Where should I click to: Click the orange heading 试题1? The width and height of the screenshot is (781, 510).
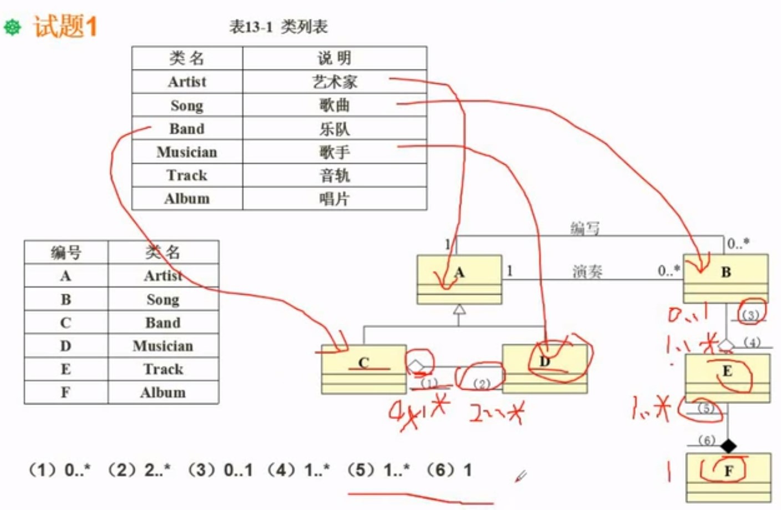click(x=65, y=26)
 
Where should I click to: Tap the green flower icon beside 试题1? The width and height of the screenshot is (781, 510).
click(x=13, y=27)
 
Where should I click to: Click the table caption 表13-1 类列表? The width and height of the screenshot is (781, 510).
click(x=278, y=27)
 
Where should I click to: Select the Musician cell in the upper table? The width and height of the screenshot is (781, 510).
click(x=187, y=152)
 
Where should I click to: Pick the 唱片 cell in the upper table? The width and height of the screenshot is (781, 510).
click(x=334, y=199)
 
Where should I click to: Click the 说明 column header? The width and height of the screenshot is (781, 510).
click(x=334, y=58)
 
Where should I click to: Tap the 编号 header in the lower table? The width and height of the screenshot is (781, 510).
click(x=66, y=253)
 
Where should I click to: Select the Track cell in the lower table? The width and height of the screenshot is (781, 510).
click(x=163, y=369)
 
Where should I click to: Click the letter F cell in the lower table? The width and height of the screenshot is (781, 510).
click(x=66, y=392)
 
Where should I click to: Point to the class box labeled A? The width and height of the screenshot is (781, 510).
click(x=459, y=279)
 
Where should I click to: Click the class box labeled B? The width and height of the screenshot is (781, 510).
click(x=726, y=278)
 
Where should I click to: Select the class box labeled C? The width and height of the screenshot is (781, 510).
click(x=364, y=369)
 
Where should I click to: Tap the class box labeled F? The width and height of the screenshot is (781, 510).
click(x=728, y=478)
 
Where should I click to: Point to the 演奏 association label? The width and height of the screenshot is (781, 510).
click(x=587, y=271)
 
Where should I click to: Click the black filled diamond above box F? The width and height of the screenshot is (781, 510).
click(x=728, y=445)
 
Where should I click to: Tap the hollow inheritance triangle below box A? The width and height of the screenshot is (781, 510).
click(x=459, y=310)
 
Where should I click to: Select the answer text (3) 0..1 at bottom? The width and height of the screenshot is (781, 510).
click(x=220, y=471)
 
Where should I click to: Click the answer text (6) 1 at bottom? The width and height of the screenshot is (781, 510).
click(x=449, y=471)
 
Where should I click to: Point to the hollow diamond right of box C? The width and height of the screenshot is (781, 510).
click(x=415, y=366)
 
